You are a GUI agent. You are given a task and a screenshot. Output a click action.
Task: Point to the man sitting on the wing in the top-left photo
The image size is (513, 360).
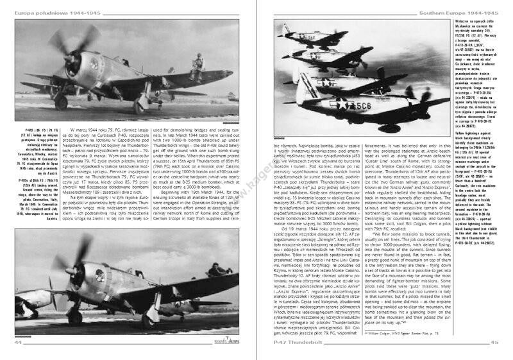tap(198, 63)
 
